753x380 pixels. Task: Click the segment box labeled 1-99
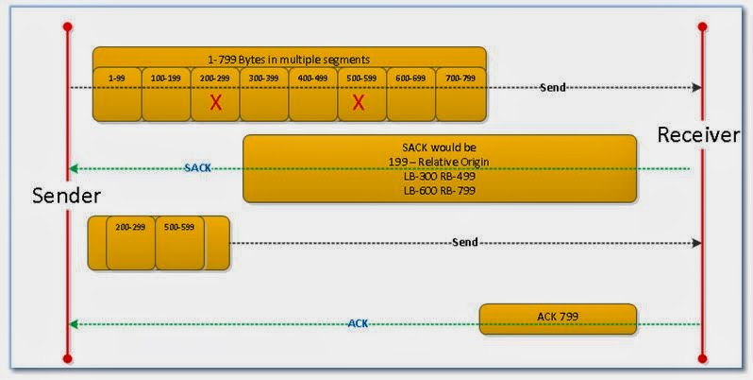[x=117, y=94]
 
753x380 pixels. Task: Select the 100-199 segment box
[x=166, y=94]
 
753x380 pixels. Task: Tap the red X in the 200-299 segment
[x=215, y=102]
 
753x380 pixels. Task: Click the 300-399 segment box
[x=264, y=94]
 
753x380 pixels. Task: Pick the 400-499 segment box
[x=313, y=94]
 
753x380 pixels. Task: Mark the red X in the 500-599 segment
[x=359, y=102]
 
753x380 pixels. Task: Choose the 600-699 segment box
[x=411, y=94]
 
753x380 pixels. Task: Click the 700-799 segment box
[x=460, y=94]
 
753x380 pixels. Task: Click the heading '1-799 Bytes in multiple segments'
[x=289, y=59]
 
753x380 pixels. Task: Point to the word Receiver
[x=698, y=135]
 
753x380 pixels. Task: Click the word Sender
[x=66, y=195]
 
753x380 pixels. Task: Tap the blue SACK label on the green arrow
[x=198, y=168]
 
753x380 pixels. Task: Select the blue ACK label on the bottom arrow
[x=358, y=323]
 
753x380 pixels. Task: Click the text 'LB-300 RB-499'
[x=440, y=176]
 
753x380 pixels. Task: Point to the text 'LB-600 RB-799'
[x=440, y=190]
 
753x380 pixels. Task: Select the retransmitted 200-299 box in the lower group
[x=130, y=243]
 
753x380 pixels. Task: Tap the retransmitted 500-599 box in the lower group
[x=179, y=243]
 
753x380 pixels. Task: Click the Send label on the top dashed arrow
[x=553, y=87]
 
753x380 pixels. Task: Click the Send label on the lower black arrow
[x=465, y=242]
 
